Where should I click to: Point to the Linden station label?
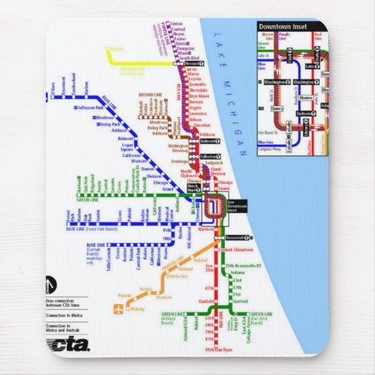pyautogui.click(x=176, y=24)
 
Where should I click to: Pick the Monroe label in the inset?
pyautogui.click(x=306, y=97)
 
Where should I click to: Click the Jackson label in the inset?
pyautogui.click(x=304, y=113)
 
